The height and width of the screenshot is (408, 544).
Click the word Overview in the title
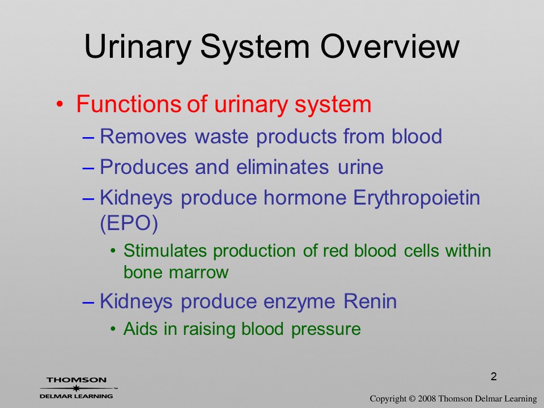pos(390,46)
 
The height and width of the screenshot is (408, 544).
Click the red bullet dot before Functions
pos(60,104)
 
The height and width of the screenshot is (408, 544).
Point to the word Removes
pos(143,136)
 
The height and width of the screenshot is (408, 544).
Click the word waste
pos(222,137)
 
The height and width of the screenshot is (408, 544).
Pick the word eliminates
pos(282,167)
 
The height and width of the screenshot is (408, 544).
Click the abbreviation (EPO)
pos(129,224)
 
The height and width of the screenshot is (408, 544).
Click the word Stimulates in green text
pos(165,250)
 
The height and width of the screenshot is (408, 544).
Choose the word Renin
pos(370,301)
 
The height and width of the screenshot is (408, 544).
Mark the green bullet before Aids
pos(113,329)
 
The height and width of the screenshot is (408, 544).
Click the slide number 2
pos(494,376)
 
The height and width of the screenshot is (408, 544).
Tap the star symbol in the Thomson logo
pos(76,388)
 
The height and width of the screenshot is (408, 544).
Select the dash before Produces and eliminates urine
pos(88,168)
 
